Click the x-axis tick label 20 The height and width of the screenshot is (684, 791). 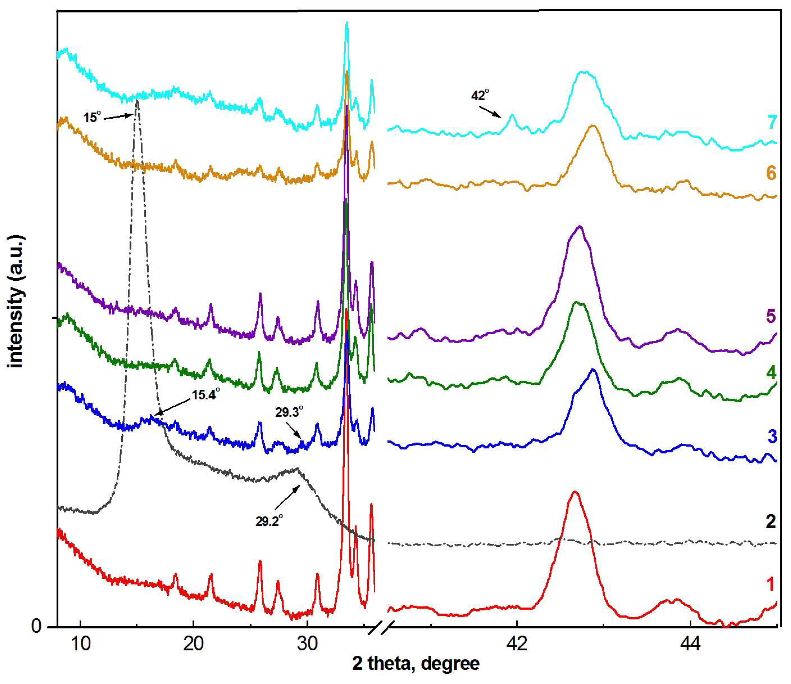pos(193,643)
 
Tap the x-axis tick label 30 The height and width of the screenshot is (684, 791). pos(307,643)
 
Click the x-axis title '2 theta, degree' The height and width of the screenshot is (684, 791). pos(416,664)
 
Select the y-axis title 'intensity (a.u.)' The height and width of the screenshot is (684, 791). pos(16,302)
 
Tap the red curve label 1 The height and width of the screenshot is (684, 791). pos(770,584)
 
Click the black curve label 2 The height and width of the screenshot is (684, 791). pos(771,521)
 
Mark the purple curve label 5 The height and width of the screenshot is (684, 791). pos(770,316)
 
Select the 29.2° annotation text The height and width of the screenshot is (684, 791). pos(269,521)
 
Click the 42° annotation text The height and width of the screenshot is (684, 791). pos(480,95)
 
